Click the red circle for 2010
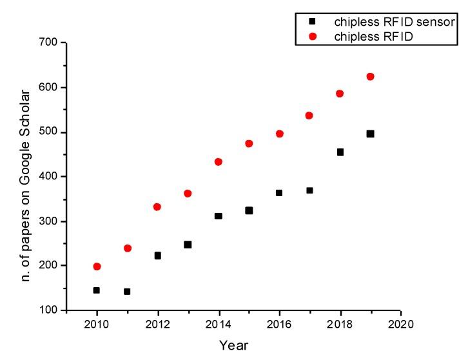(x=97, y=266)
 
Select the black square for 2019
(x=370, y=134)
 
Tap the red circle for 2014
(x=219, y=162)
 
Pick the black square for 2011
(x=127, y=292)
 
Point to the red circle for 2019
(x=370, y=77)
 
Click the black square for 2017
(x=309, y=190)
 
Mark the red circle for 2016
(x=279, y=134)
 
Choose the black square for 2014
(x=219, y=216)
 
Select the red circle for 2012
(x=157, y=207)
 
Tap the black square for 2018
(x=340, y=152)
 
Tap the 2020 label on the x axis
(x=400, y=322)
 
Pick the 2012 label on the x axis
(x=157, y=322)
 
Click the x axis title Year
(x=233, y=345)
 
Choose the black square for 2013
(x=188, y=245)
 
